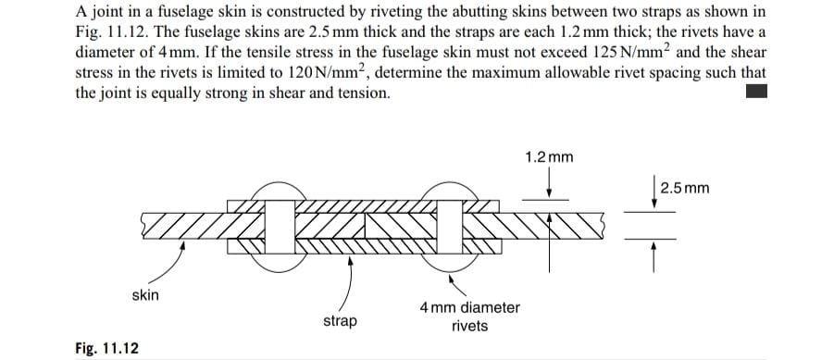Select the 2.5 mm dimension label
(686, 189)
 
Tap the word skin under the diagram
(145, 295)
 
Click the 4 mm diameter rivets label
(469, 317)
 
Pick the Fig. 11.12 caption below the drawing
(107, 349)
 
